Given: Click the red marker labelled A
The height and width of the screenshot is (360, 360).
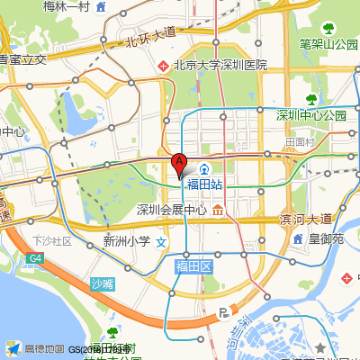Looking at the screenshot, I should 179,165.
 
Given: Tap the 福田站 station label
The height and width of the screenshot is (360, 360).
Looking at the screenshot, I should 204,184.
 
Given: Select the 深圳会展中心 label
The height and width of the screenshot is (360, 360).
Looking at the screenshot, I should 171,211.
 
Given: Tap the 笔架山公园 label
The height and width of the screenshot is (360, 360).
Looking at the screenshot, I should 328,42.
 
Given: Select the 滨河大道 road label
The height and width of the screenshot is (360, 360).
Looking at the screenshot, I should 306,220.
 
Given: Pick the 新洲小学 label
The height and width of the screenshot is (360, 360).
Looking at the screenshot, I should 126,241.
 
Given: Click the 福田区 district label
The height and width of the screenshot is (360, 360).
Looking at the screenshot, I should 193,266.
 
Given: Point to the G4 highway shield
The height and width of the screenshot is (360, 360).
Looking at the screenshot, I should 35,259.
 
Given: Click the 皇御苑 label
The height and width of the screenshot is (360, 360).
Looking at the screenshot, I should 326,239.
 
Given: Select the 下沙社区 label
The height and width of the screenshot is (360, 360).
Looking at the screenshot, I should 52,241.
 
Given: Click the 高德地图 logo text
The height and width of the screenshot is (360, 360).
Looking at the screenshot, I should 44,348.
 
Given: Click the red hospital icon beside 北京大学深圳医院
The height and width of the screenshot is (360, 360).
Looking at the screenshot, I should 163,66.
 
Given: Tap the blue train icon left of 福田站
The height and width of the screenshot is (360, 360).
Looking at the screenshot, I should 205,168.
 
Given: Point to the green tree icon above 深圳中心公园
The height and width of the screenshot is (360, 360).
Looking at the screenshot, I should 311,100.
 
